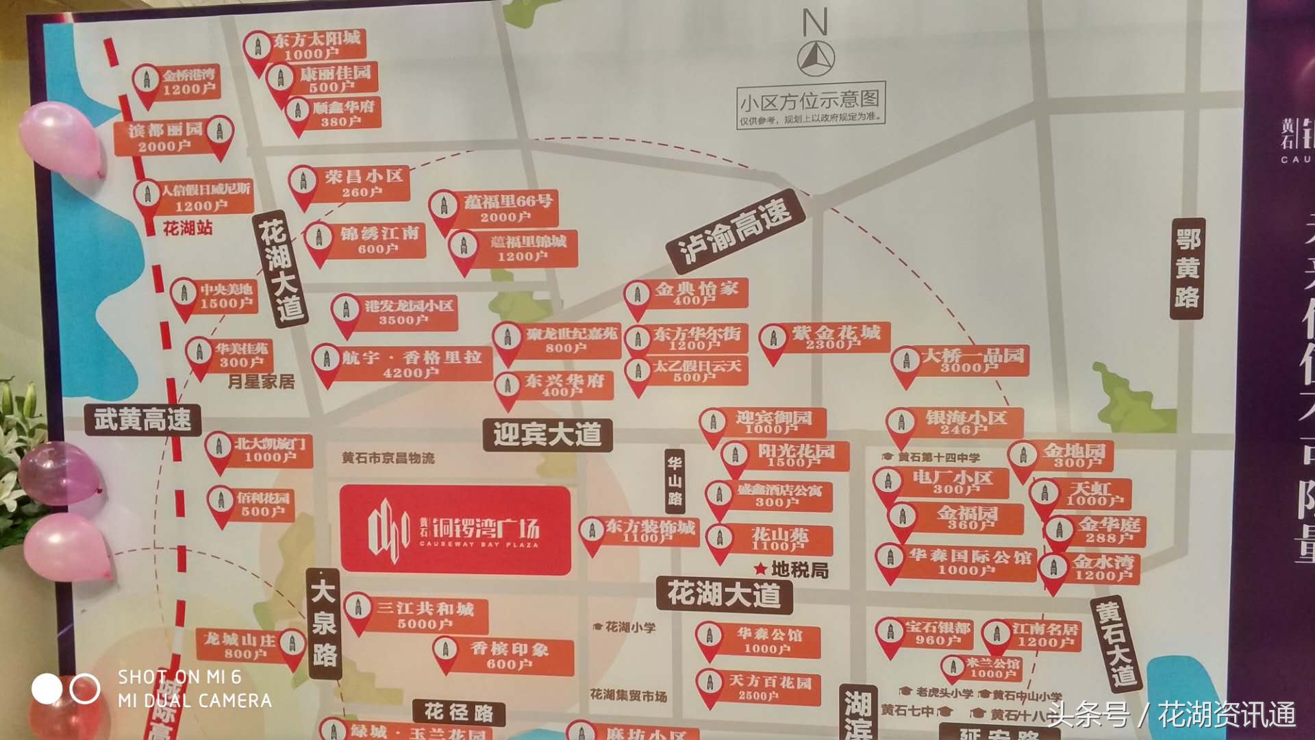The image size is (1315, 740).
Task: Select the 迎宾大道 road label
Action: click(x=547, y=434)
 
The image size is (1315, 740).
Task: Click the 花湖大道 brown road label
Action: click(x=724, y=594)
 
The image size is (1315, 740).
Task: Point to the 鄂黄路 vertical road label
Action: click(x=1188, y=269)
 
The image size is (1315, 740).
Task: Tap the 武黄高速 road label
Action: click(x=142, y=419)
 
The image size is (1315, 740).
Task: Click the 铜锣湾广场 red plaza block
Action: click(x=455, y=529)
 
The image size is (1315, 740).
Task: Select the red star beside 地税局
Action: click(x=760, y=569)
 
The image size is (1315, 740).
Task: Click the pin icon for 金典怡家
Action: click(x=637, y=295)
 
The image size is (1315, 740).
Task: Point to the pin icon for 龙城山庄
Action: click(x=292, y=643)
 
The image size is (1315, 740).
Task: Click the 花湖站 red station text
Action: click(x=187, y=228)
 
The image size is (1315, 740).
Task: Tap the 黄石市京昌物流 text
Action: click(x=388, y=458)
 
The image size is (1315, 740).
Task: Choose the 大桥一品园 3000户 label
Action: click(x=973, y=360)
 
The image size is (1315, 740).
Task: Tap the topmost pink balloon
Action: click(x=62, y=140)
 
